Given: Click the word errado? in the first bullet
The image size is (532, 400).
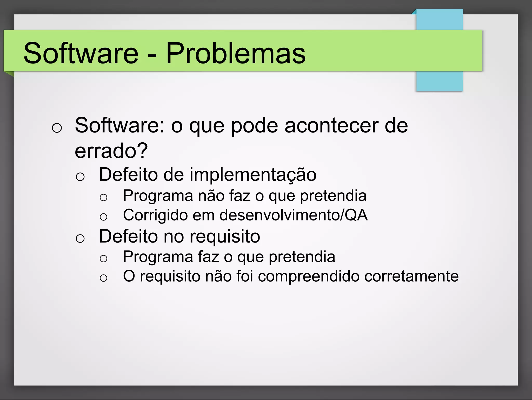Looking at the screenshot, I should [x=111, y=151].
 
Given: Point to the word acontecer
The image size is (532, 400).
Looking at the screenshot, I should [x=331, y=126].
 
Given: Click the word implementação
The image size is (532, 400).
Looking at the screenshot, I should [x=253, y=175].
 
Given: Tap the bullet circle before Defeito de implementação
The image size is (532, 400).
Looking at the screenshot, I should [x=80, y=177].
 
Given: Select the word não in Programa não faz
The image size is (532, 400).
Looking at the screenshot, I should [x=211, y=196].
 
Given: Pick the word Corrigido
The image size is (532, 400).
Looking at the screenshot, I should [x=155, y=215].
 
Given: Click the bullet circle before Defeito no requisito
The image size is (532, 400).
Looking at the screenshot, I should [x=80, y=238].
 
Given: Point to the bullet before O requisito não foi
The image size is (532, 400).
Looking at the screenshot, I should [x=103, y=278].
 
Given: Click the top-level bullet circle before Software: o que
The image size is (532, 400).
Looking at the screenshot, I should [x=57, y=128].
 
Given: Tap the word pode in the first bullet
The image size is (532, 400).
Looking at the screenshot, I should [x=254, y=126].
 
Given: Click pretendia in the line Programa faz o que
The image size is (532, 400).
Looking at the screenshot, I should [x=302, y=257].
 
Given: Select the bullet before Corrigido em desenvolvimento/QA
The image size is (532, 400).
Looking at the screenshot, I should [x=103, y=217].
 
